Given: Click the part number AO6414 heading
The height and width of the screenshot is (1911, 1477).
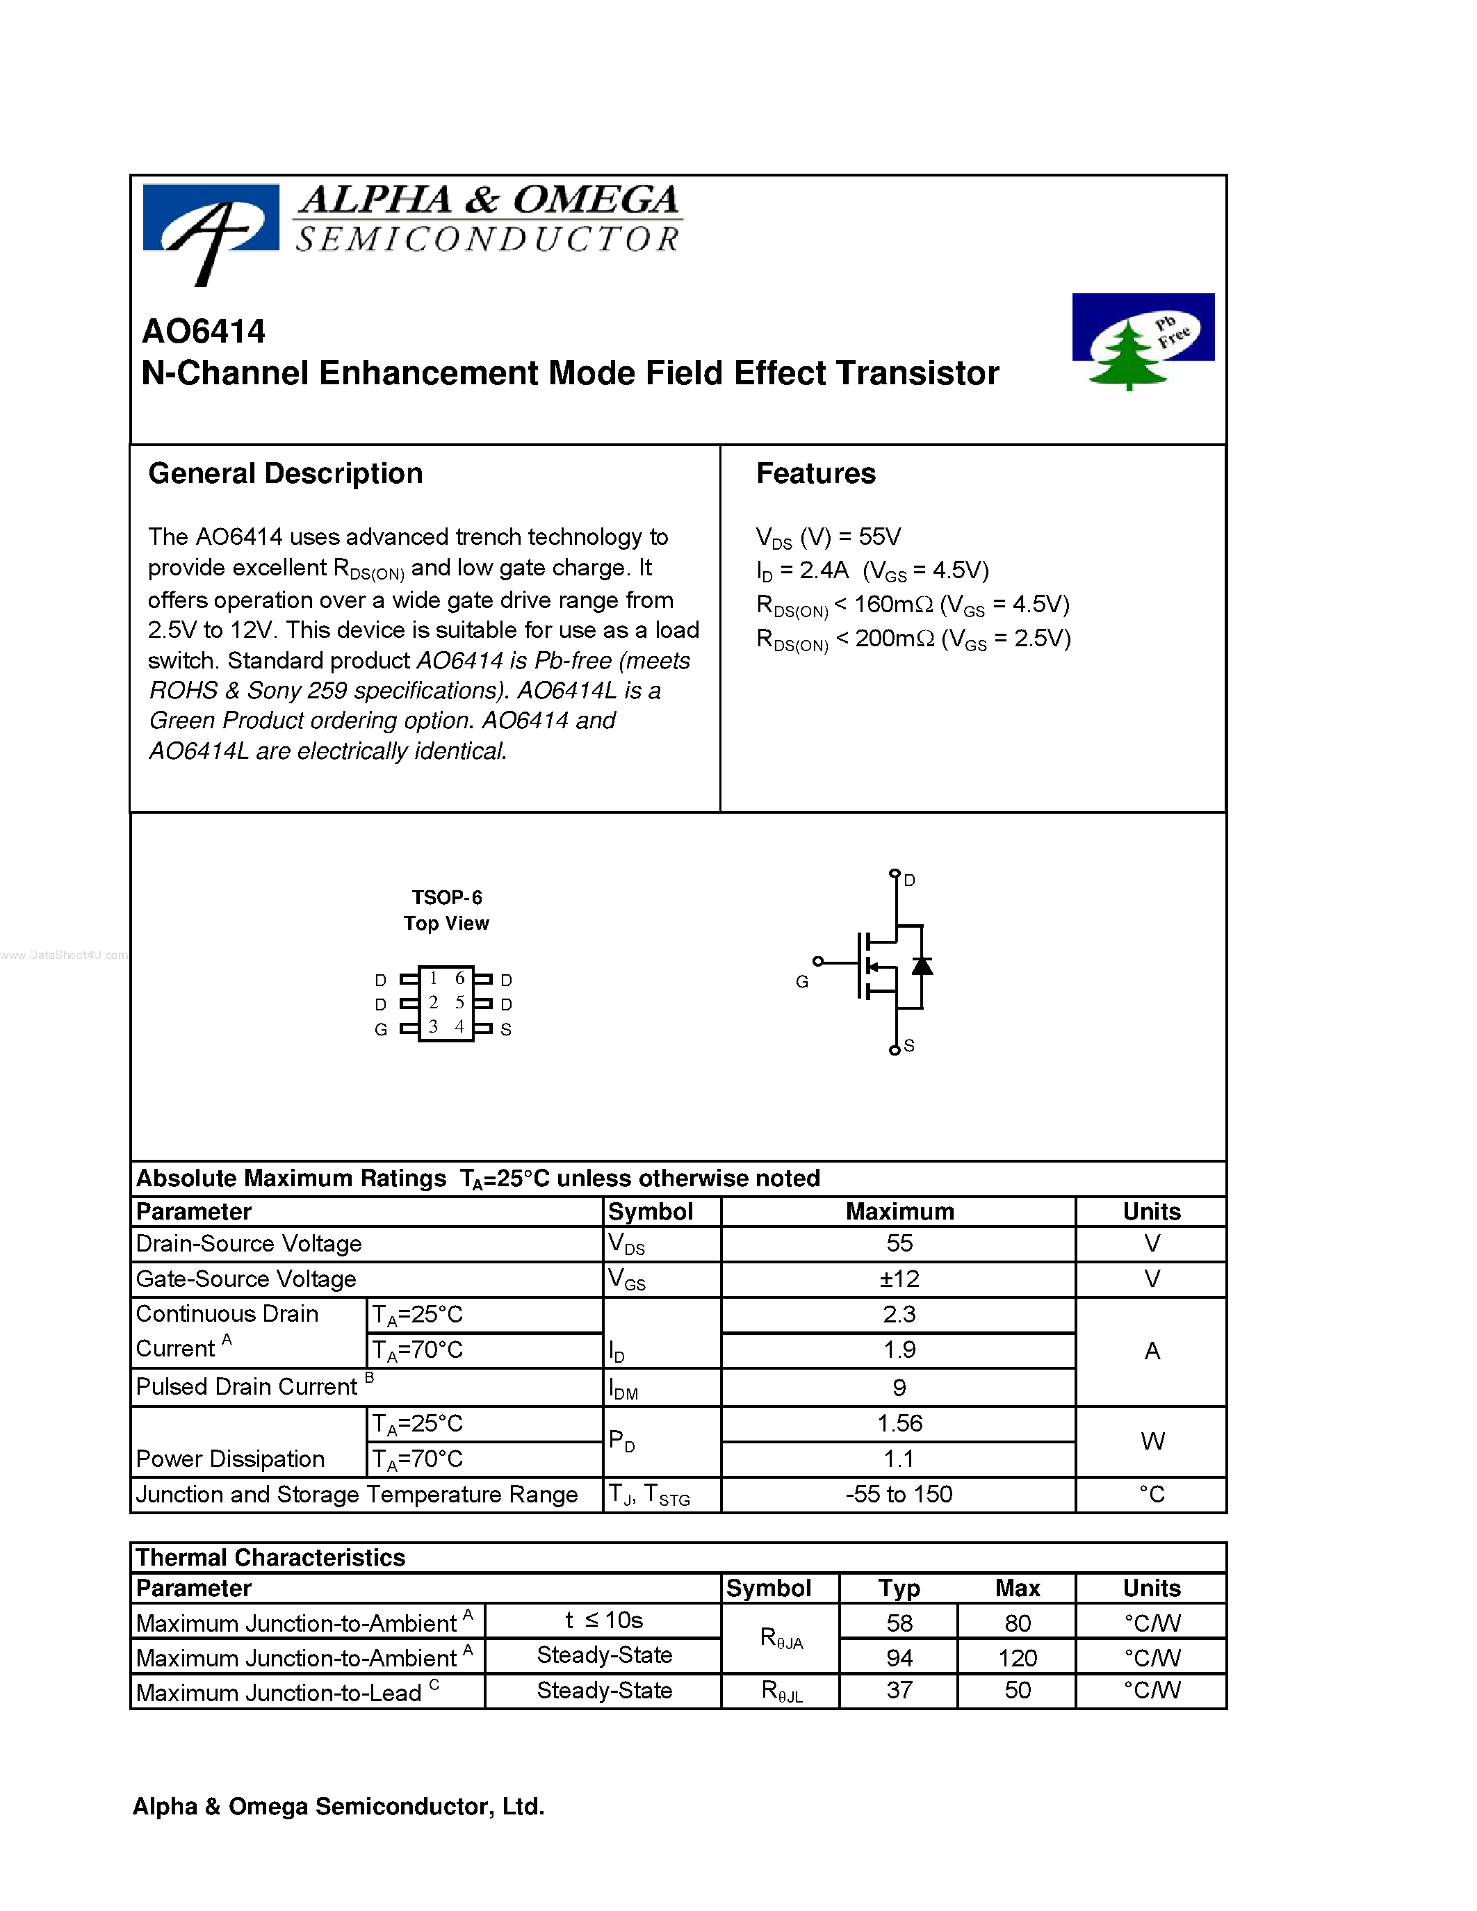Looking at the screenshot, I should point(203,331).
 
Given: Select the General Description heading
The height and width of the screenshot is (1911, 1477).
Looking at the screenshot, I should point(285,473).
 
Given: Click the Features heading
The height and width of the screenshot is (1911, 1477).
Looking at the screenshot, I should point(815,473).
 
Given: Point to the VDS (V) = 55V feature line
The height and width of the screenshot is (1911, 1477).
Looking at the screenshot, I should point(828,537).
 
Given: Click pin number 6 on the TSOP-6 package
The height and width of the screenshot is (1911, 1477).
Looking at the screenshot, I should point(459,979).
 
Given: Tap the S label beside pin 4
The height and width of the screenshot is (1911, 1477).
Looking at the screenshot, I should point(506,1030).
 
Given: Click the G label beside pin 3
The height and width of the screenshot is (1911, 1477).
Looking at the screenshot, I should point(381,1030).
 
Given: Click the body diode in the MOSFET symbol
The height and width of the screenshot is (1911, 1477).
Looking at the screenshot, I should point(922,966).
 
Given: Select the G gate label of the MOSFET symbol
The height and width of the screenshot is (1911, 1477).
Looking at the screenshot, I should point(801,982).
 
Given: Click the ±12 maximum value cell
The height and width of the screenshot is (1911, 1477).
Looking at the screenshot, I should point(899,1279).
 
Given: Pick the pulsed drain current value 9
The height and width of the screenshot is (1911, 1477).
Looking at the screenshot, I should point(899,1388).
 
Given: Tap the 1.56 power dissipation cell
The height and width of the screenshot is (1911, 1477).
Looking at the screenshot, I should point(899,1424).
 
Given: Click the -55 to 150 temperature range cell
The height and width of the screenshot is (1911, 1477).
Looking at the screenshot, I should point(899,1495).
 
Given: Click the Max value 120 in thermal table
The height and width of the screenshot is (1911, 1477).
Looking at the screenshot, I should point(1017,1658).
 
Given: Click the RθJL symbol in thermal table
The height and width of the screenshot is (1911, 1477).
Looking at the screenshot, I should point(781,1691).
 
